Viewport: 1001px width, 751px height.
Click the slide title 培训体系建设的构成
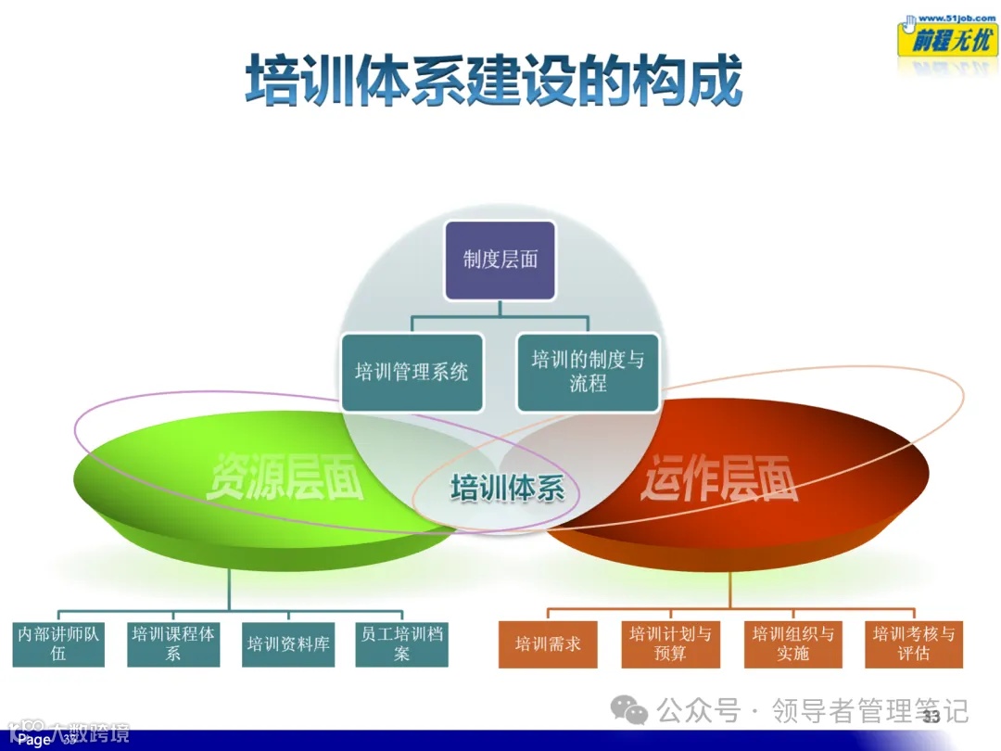point(494,82)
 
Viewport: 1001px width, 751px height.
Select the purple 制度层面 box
point(500,260)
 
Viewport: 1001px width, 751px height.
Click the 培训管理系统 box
point(412,373)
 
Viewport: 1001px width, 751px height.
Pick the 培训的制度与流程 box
point(588,372)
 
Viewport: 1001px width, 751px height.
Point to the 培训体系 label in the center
point(507,488)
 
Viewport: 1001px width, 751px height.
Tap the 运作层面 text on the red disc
point(719,477)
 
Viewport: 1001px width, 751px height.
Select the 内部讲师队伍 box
point(58,643)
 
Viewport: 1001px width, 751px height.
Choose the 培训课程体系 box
point(173,643)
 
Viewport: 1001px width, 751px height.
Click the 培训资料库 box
point(288,643)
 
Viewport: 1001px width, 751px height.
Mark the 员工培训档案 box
point(401,643)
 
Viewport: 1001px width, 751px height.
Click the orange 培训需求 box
point(547,643)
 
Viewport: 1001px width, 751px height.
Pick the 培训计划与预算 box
point(670,643)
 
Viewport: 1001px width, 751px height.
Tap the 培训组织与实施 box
point(792,643)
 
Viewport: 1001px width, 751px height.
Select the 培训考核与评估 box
point(913,643)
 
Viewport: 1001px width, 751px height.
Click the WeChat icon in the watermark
point(635,712)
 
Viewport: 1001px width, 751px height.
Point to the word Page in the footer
point(34,740)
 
